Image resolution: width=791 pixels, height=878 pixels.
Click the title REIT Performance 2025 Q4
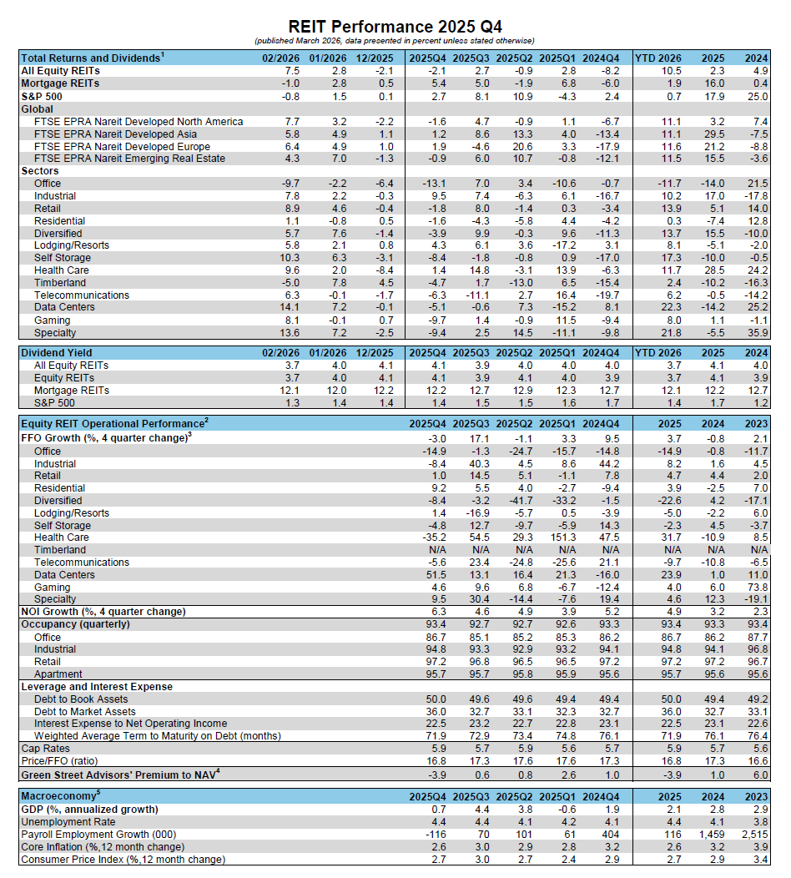[x=395, y=27]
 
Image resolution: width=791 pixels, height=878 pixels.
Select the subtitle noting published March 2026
[x=395, y=41]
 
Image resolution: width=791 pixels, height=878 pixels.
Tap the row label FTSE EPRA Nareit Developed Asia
[x=115, y=134]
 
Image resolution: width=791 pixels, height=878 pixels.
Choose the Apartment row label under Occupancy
[x=58, y=674]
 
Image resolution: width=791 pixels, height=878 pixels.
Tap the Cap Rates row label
[x=44, y=749]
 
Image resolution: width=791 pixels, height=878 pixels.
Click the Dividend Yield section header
[x=58, y=353]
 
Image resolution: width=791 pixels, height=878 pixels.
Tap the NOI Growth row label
[x=103, y=612]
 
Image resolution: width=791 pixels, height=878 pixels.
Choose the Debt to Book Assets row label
[x=81, y=699]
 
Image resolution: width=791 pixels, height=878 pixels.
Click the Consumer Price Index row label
[x=123, y=859]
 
